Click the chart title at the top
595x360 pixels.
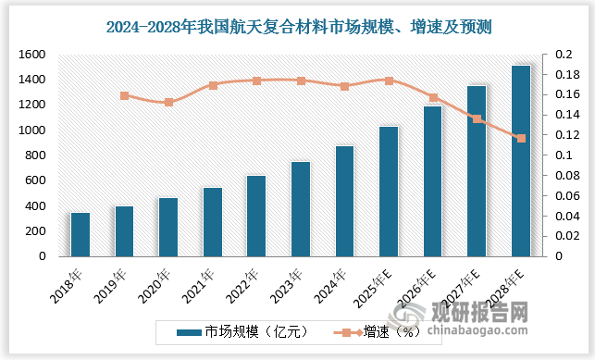pos(297,29)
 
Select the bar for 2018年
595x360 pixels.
pos(81,234)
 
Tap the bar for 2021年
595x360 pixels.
pos(213,222)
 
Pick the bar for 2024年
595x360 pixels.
pos(344,201)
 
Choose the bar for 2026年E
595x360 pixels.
pos(433,181)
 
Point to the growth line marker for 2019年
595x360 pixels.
pos(125,95)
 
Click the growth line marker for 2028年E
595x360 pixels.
pos(521,139)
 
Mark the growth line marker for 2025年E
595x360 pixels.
pos(389,81)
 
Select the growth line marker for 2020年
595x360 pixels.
pos(168,102)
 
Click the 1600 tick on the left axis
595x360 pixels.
pos(31,55)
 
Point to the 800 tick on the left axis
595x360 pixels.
pos(35,155)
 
